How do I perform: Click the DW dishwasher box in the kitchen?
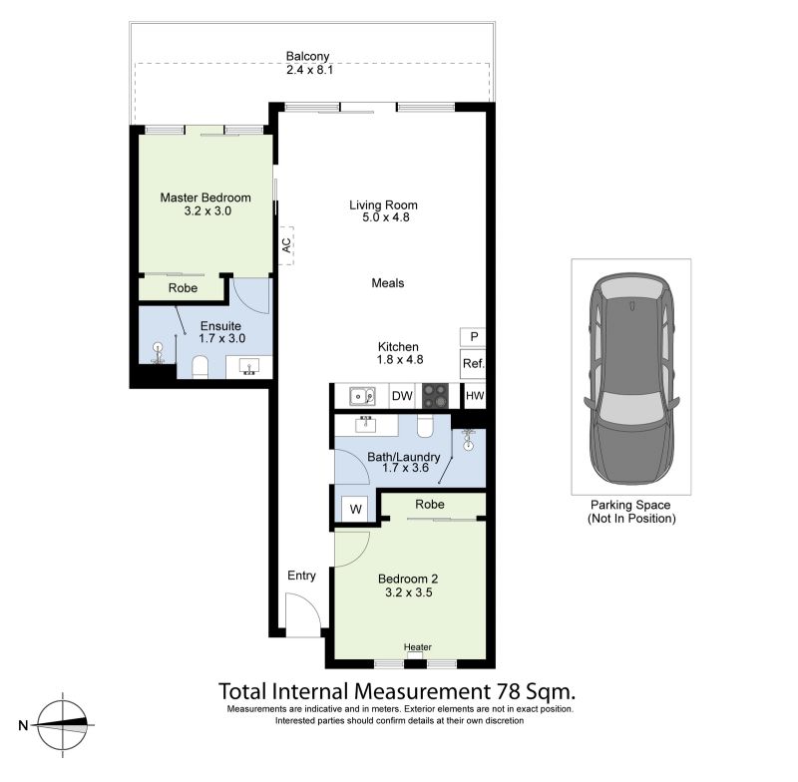point(402,396)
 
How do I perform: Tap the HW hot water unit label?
point(475,396)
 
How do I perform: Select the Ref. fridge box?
point(473,363)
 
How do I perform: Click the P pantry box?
point(473,337)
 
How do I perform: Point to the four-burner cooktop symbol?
point(436,396)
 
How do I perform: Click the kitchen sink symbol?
point(362,396)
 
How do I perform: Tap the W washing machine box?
point(355,509)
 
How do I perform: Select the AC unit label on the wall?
point(286,245)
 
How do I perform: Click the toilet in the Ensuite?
point(200,367)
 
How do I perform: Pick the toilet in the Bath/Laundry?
point(425,426)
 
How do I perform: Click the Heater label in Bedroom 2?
point(417,646)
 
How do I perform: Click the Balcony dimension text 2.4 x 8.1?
point(309,70)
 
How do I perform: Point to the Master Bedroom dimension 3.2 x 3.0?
point(207,210)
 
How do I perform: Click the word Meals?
point(388,283)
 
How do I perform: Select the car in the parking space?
point(631,378)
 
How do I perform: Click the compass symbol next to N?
point(63,724)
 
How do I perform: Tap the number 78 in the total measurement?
point(507,691)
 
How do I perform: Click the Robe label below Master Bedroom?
point(183,288)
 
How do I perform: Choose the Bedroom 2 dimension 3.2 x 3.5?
point(409,592)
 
